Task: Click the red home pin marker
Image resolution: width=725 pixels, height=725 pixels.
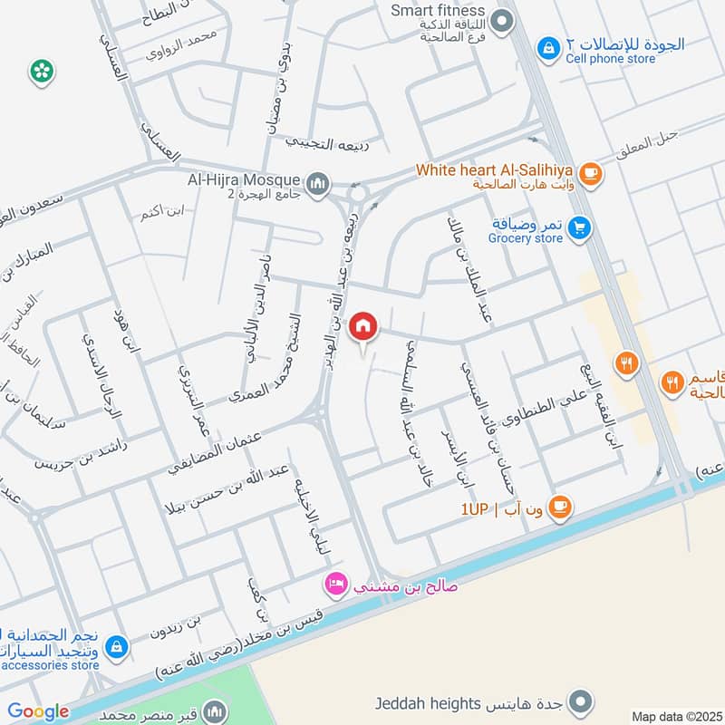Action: click(363, 326)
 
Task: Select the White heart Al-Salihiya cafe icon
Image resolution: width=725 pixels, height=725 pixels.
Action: click(590, 172)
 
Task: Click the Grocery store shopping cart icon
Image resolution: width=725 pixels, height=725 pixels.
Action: click(580, 228)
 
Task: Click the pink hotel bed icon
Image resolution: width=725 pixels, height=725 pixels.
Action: click(336, 585)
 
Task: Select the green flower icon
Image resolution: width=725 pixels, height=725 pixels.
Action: click(40, 72)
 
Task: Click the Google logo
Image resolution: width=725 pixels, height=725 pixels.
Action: click(38, 711)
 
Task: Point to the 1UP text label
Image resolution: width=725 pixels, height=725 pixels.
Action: click(475, 510)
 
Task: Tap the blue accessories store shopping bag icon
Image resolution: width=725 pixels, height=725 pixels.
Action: click(116, 646)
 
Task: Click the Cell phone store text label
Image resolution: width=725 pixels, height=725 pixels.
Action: click(610, 59)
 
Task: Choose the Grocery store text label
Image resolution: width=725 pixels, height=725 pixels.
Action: click(526, 238)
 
